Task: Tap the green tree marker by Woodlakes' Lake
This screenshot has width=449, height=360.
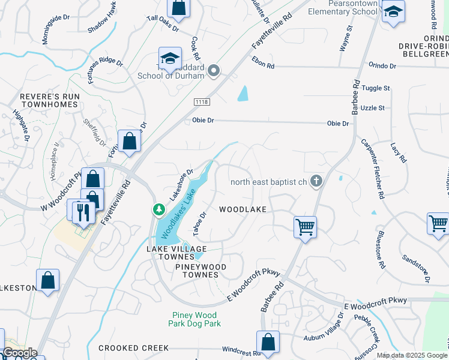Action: pos(158,210)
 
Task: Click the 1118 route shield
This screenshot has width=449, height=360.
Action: pos(202,103)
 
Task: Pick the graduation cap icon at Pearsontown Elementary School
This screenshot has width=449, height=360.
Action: pos(393,13)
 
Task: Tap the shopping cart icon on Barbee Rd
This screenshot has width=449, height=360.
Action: pos(306,227)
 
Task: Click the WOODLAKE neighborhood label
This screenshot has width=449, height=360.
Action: pos(242,209)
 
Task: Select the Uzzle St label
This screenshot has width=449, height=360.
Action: pos(373,108)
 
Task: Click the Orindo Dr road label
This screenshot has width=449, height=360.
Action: pos(382,66)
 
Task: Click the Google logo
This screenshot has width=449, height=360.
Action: pos(20,353)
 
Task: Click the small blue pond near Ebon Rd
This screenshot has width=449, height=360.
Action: pos(243,93)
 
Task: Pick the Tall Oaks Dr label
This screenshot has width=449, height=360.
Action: pos(163,23)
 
